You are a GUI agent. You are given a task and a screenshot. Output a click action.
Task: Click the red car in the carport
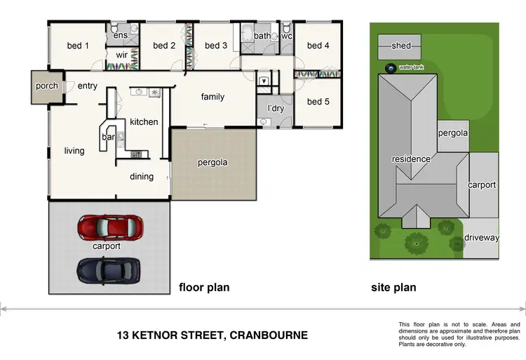click(x=110, y=227)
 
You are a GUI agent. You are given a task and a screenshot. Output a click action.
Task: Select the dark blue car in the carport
click(x=109, y=269)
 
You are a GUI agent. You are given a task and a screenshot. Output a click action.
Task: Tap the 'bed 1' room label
click(x=78, y=46)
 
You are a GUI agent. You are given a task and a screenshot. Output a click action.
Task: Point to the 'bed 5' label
click(x=318, y=102)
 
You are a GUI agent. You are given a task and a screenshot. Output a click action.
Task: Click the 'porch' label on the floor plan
click(x=46, y=87)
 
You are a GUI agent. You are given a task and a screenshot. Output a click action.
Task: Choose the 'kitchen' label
click(x=144, y=122)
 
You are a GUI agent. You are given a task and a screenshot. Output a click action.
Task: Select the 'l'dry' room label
click(x=276, y=108)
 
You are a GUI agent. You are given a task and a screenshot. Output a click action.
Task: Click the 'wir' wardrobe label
click(x=121, y=55)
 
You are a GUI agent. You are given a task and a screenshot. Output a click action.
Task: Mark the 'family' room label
click(x=213, y=97)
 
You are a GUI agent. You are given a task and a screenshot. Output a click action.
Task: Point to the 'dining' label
click(x=142, y=177)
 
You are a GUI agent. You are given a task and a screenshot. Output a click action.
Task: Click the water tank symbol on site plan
click(x=390, y=68)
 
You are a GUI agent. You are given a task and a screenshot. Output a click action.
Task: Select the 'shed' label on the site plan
click(x=401, y=46)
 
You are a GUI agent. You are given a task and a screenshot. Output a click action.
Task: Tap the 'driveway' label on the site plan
click(x=482, y=238)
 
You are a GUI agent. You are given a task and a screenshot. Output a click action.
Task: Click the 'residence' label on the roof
click(x=411, y=159)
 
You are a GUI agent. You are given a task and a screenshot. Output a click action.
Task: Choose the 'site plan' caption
click(x=393, y=288)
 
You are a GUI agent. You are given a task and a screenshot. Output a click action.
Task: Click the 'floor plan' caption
click(x=204, y=288)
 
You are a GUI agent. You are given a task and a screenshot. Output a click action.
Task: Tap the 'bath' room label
click(x=262, y=36)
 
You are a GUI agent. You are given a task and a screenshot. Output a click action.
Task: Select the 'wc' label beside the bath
click(x=286, y=36)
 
